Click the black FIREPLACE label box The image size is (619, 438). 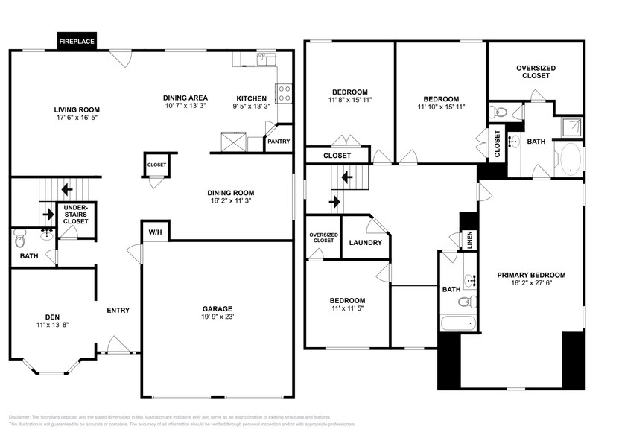click(77, 42)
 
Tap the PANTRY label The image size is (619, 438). click(279, 142)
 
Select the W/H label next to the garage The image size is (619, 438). click(155, 233)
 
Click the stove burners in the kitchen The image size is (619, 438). click(284, 92)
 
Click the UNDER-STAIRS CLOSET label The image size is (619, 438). click(75, 216)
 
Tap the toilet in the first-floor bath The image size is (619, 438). click(20, 239)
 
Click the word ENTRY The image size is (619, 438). click(118, 311)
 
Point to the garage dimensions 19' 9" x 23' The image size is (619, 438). click(218, 317)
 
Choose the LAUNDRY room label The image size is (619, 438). click(366, 243)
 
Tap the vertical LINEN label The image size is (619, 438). click(469, 240)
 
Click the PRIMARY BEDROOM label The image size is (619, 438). click(531, 275)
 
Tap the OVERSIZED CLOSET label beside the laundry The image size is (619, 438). click(323, 238)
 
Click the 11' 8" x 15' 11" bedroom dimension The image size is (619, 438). click(349, 99)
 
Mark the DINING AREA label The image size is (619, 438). click(185, 98)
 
